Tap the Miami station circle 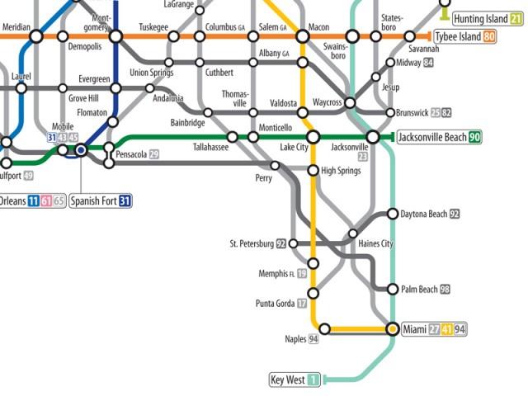[392, 329]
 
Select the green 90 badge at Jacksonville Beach [475, 137]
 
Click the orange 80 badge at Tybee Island [489, 36]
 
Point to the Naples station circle [324, 329]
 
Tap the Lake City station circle [313, 137]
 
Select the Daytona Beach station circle [392, 214]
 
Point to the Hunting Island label [480, 18]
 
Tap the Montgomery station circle [115, 36]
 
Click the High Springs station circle [313, 171]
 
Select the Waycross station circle [350, 103]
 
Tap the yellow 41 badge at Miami [448, 330]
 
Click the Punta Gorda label [275, 304]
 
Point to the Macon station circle [302, 36]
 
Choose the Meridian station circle [36, 36]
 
